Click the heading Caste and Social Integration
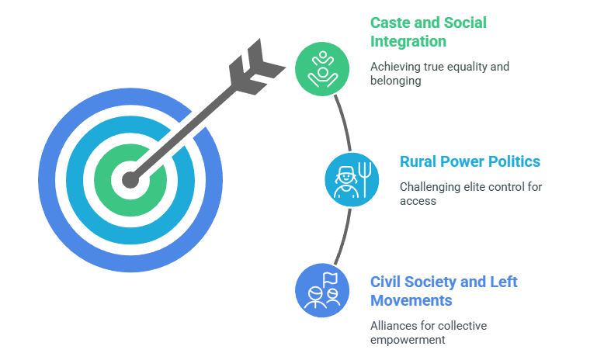tap(428, 32)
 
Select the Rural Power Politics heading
tap(470, 161)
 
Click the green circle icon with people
tap(322, 68)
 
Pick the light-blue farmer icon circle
tap(352, 179)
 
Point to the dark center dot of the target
tap(130, 181)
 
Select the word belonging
tap(396, 80)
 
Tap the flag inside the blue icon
tap(331, 277)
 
